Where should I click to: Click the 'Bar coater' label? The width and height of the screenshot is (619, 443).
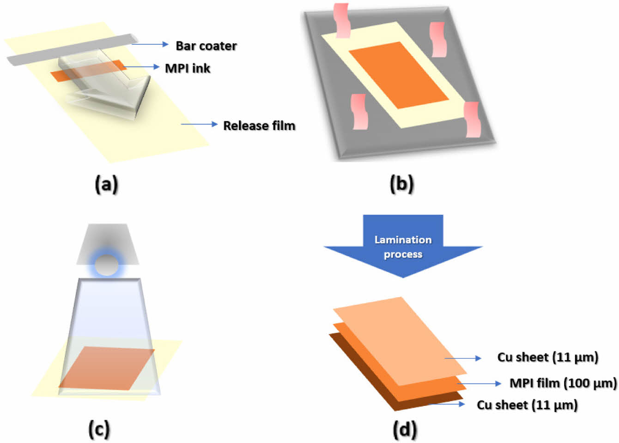(206, 46)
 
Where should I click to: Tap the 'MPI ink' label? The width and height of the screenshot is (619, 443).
(188, 68)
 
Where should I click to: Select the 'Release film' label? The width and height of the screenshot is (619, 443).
(259, 126)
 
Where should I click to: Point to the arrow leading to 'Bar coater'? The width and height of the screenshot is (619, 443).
(151, 44)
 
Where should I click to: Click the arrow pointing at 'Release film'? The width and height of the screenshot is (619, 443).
(199, 124)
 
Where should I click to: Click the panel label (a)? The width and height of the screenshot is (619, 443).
(106, 184)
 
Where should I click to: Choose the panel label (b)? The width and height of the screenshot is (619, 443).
(401, 184)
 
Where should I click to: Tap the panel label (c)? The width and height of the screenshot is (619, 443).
(99, 429)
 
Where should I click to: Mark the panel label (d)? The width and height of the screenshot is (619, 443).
(404, 429)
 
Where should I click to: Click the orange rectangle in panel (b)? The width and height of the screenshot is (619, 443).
(398, 75)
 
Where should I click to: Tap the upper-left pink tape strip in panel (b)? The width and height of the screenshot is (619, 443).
(342, 20)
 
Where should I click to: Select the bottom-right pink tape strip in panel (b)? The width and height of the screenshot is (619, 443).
(473, 120)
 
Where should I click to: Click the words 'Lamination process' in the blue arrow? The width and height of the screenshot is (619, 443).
(403, 247)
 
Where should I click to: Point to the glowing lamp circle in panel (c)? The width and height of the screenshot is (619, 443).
(107, 264)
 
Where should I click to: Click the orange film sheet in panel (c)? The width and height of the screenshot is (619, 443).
(107, 368)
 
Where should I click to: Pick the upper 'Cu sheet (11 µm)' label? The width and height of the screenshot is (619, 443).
(547, 357)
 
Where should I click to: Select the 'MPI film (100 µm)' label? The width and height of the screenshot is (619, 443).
(563, 383)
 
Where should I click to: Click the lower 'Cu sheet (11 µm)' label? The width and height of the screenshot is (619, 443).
(527, 405)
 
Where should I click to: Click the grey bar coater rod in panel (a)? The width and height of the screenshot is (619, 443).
(69, 50)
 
